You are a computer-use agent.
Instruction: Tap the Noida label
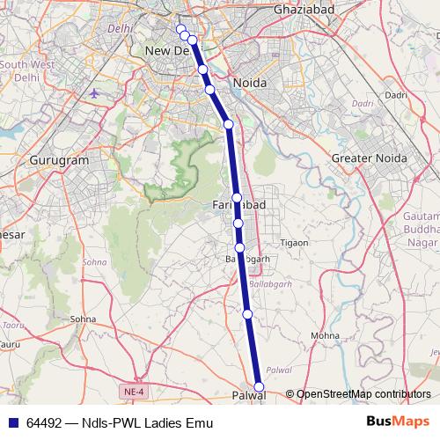248,84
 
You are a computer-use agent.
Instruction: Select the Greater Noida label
368,158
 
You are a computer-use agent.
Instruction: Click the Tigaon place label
293,242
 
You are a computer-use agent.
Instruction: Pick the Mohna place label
325,336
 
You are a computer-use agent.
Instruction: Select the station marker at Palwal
259,387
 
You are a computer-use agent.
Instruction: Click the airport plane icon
95,92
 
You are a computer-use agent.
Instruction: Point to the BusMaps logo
398,422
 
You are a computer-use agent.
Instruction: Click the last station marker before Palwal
247,313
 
